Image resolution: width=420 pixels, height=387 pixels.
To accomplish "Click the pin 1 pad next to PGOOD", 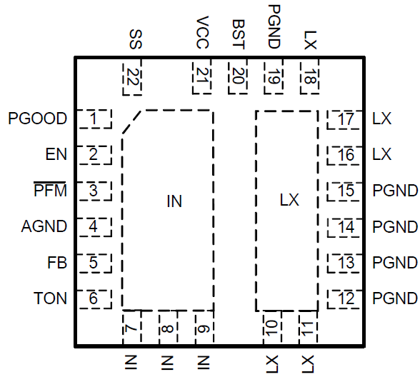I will (x=94, y=119).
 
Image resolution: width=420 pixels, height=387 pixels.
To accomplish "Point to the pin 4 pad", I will (x=94, y=227).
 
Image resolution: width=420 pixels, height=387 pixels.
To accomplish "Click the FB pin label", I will (x=58, y=263).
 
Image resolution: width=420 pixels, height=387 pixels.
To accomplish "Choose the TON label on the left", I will (x=50, y=298).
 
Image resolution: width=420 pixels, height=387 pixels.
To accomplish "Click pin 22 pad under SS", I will (x=131, y=76).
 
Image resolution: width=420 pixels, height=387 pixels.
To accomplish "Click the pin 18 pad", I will (x=309, y=76).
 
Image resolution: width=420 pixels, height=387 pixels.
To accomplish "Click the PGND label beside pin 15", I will (x=395, y=191).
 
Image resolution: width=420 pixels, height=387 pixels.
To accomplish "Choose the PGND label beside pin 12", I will (x=395, y=298).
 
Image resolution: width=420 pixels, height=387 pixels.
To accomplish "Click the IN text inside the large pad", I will (x=174, y=202).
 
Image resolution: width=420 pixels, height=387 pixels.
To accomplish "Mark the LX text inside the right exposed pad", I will (x=289, y=202).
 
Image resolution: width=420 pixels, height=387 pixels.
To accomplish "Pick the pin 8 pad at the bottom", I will (x=166, y=328).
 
